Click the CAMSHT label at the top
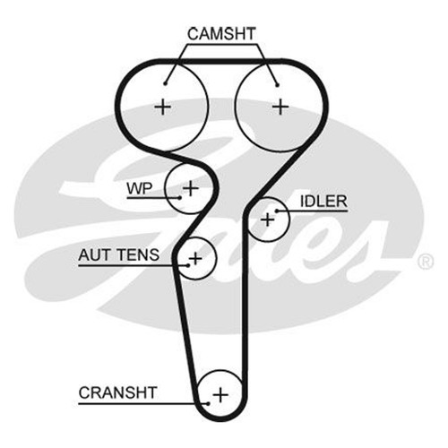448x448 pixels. (221, 34)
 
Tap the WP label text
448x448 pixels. (140, 188)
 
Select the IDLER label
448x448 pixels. (323, 202)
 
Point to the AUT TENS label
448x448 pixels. (118, 255)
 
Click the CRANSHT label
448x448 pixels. (117, 392)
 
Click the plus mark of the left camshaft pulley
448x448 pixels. (163, 107)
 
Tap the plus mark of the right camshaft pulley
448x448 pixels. (280, 107)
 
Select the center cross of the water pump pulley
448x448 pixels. (191, 188)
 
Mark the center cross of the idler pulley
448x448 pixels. (268, 220)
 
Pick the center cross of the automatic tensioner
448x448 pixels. (195, 258)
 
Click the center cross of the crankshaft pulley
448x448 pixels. (220, 395)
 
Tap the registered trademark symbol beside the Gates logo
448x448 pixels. (425, 262)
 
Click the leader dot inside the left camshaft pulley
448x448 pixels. (165, 84)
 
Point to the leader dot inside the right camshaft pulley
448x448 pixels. (277, 85)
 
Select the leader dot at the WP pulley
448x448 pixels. (179, 197)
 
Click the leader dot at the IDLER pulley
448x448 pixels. (277, 211)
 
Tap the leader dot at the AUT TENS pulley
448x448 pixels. (188, 265)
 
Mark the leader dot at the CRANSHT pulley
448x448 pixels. (208, 404)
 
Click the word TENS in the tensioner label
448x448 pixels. (138, 255)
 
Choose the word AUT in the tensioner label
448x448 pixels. (95, 255)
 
